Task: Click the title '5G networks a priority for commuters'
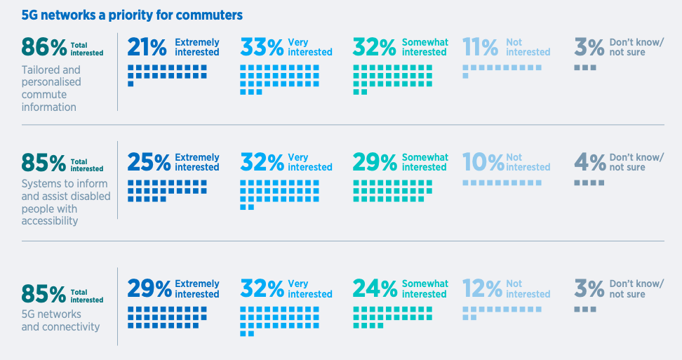click(x=133, y=15)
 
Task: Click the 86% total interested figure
click(x=44, y=47)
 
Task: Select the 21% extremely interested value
click(x=147, y=47)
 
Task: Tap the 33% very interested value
click(x=262, y=47)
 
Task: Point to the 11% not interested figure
click(x=481, y=47)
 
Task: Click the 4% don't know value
click(x=589, y=163)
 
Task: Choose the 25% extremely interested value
click(x=149, y=163)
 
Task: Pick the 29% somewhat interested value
click(x=375, y=163)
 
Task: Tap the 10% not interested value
click(x=483, y=163)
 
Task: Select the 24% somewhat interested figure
click(x=375, y=289)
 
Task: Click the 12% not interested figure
click(x=483, y=289)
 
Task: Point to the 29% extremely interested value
click(x=149, y=289)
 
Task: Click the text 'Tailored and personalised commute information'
click(x=51, y=88)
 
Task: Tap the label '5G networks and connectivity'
click(x=60, y=320)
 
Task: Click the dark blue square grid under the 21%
click(x=167, y=73)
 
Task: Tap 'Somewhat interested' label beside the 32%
click(x=425, y=47)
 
